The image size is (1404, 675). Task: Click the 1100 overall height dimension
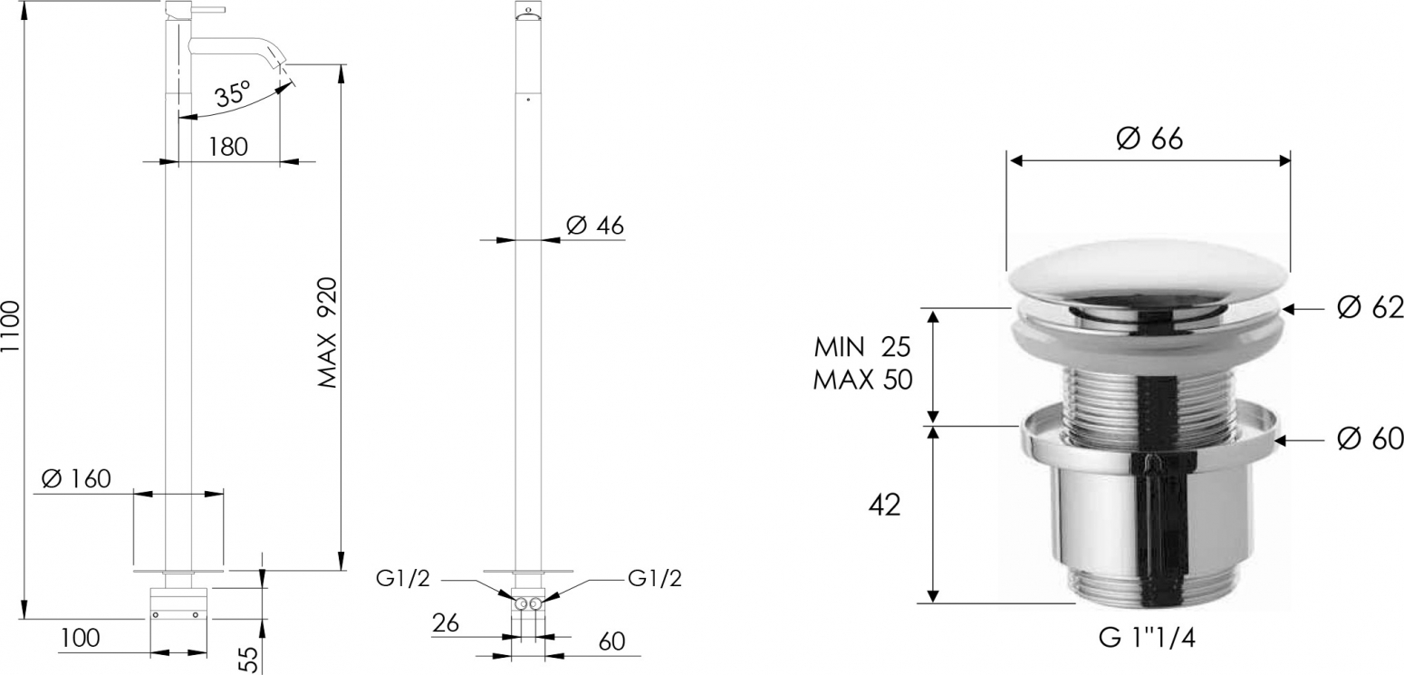(x=11, y=335)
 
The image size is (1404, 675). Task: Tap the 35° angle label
(x=233, y=93)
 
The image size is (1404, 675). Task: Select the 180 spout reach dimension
(x=228, y=147)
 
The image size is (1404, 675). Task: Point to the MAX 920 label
(x=327, y=333)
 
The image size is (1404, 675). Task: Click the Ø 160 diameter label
(x=76, y=478)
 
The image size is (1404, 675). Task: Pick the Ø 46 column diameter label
(x=595, y=225)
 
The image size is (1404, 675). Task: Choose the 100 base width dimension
(x=81, y=638)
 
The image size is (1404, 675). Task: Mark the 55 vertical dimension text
(x=249, y=660)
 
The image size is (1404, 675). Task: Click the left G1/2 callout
(x=403, y=578)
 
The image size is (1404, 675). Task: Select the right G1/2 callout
(x=654, y=578)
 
